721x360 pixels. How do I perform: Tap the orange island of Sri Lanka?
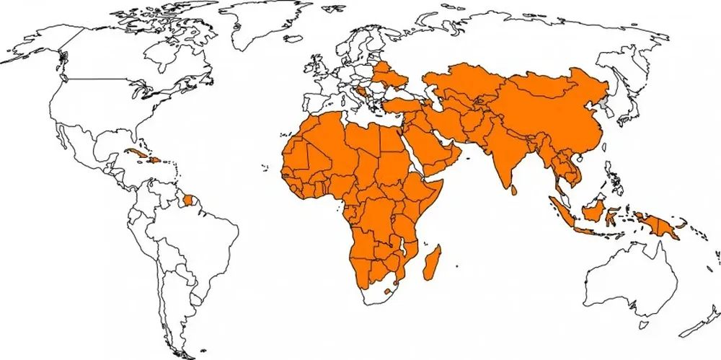point(513,190)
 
